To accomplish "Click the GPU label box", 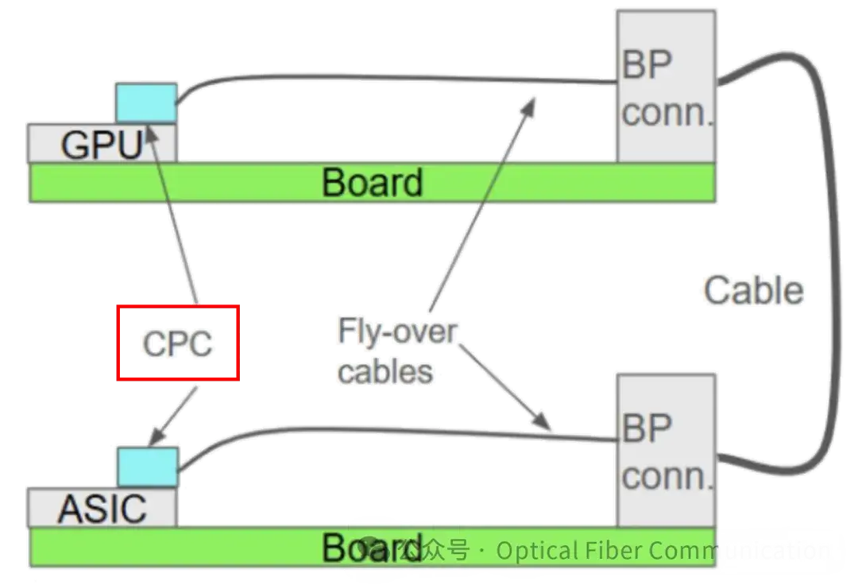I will pyautogui.click(x=101, y=144).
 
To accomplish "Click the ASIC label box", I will pyautogui.click(x=102, y=508).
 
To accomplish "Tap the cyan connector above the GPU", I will pyautogui.click(x=146, y=103).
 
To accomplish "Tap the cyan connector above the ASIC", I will pyautogui.click(x=146, y=467).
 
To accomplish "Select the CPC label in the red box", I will pyautogui.click(x=177, y=342).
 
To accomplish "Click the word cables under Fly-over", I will pyautogui.click(x=386, y=370).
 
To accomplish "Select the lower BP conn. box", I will pyautogui.click(x=666, y=449).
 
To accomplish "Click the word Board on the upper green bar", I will pyautogui.click(x=372, y=182).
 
